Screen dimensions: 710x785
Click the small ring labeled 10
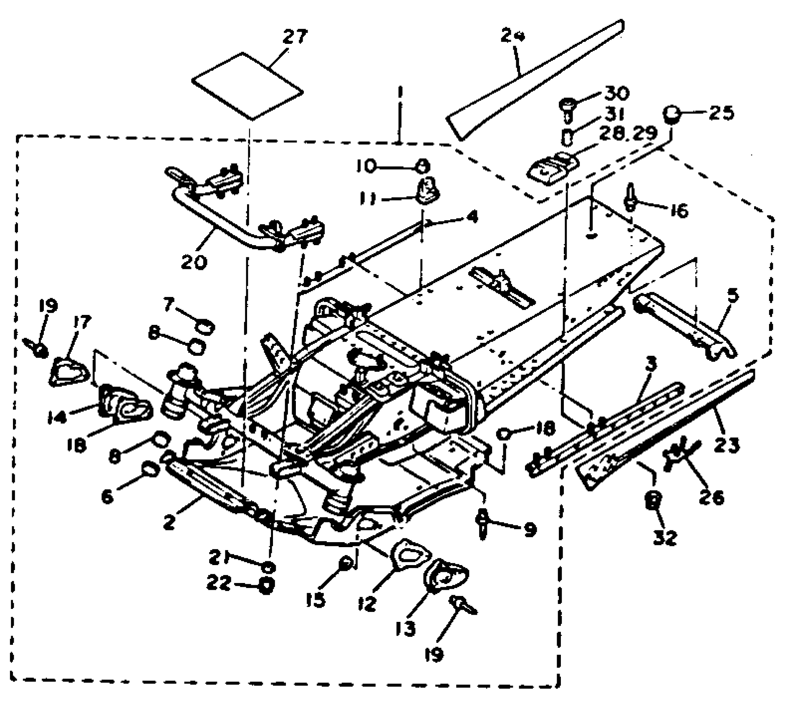click(422, 167)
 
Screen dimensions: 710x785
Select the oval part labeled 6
click(150, 470)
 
